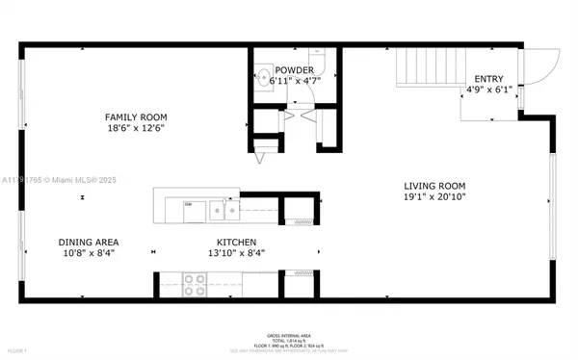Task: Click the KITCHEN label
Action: point(235,242)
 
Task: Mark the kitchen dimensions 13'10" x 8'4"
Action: point(235,253)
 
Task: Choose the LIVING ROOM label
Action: point(434,186)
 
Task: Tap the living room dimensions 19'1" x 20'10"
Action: point(434,197)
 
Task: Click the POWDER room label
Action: point(294,70)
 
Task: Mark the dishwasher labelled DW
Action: point(189,205)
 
